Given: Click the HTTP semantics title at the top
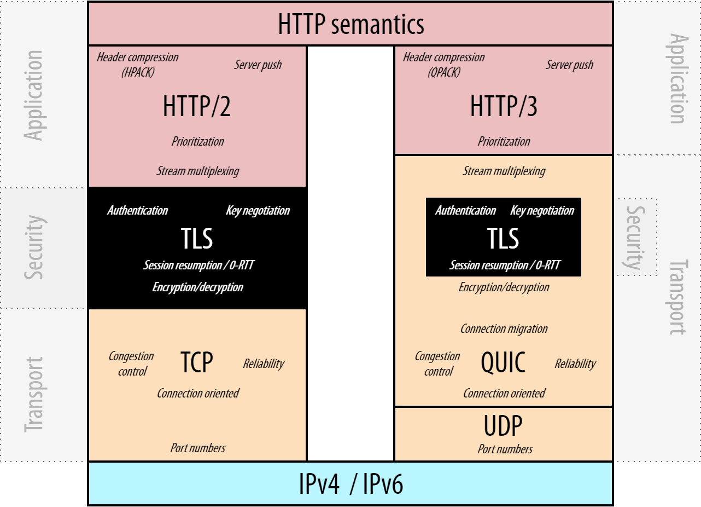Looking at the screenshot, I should click(350, 24).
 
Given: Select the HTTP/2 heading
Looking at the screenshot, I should click(197, 107).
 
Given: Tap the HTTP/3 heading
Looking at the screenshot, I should click(504, 107).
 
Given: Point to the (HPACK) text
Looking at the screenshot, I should click(138, 72).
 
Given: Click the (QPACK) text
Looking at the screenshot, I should click(444, 72).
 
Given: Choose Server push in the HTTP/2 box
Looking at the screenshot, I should click(258, 65).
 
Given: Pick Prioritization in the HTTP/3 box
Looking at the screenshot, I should click(504, 141).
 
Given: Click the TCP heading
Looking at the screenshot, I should click(197, 362).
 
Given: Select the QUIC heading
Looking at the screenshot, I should click(503, 362).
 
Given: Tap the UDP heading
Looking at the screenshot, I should click(503, 426).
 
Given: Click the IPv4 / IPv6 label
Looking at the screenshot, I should click(350, 483).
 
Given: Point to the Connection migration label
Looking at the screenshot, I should click(504, 329).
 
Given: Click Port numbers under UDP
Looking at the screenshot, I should click(505, 449).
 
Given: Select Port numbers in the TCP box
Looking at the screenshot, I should click(197, 448).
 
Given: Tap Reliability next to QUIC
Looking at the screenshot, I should click(575, 364).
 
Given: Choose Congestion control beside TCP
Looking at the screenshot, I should click(131, 364).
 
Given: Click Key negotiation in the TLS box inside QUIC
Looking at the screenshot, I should click(542, 211).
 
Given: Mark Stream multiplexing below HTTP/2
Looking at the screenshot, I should click(197, 171).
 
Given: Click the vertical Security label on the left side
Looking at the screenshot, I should click(34, 247).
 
